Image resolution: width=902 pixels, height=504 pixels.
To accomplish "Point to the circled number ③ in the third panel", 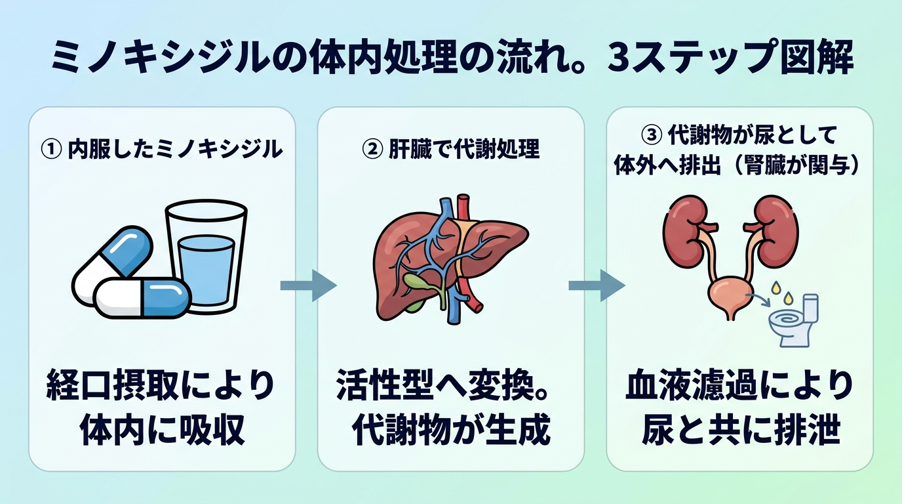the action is [x=651, y=135].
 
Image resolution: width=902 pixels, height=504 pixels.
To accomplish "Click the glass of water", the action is [x=206, y=257].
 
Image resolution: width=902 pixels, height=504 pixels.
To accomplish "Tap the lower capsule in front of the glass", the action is [x=142, y=298].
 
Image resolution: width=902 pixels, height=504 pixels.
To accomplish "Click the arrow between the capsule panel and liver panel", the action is [x=309, y=285].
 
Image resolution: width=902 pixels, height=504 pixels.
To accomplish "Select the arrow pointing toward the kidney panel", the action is [x=597, y=285].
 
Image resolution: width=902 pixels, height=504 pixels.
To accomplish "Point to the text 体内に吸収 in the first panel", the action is [x=162, y=430].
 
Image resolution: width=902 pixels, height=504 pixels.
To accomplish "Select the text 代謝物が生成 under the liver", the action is [x=451, y=430].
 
